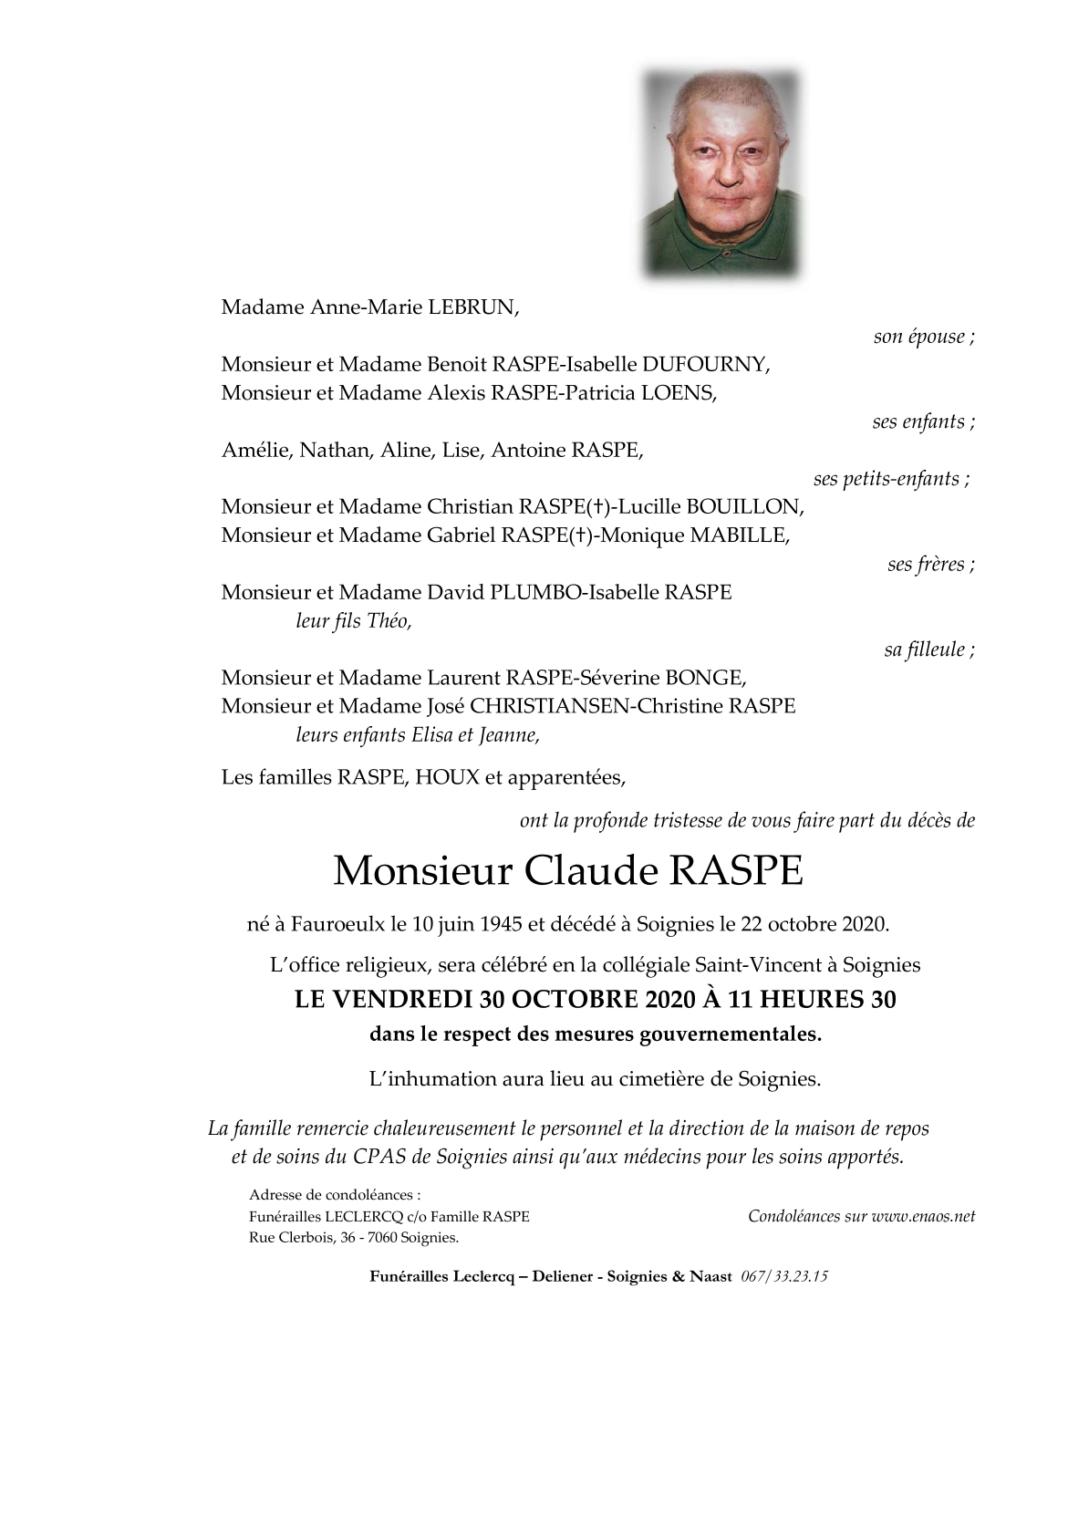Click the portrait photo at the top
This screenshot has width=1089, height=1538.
coord(721,173)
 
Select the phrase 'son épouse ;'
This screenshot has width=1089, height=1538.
coord(923,337)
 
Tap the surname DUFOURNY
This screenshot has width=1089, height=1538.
coord(706,365)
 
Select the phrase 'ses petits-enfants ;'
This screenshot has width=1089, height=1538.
coord(891,479)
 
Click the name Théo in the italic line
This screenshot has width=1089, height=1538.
coord(389,621)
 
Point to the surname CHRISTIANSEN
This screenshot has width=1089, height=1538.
coord(545,706)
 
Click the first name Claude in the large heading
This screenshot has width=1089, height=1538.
coord(590,871)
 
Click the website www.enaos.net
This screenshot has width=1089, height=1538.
coord(923,1216)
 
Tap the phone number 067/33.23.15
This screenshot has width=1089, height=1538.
coord(784,1277)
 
